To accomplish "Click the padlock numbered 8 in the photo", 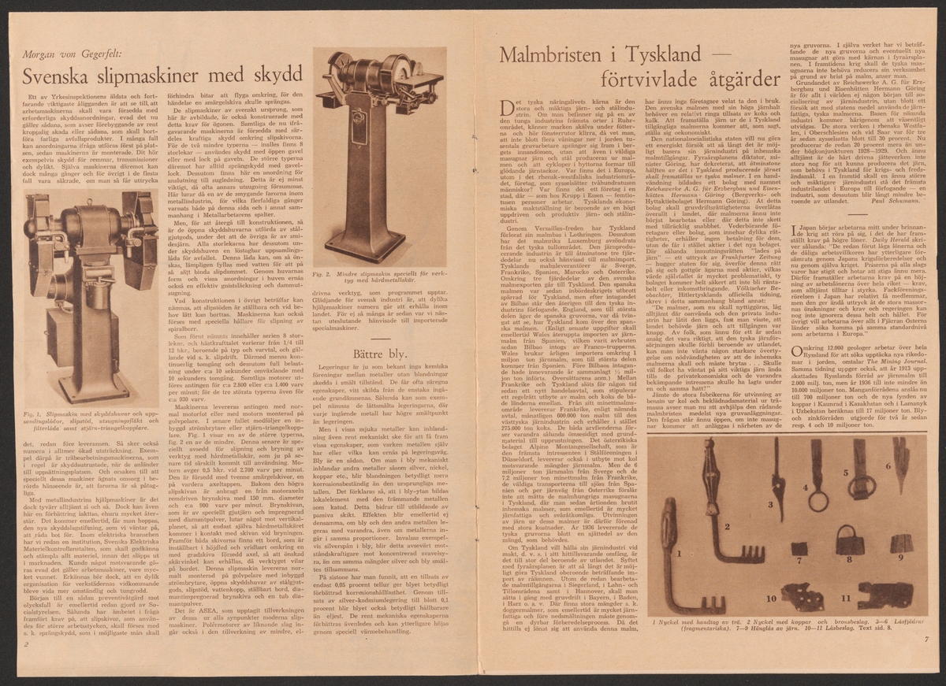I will (855, 543).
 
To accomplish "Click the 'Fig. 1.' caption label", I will (34, 413).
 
